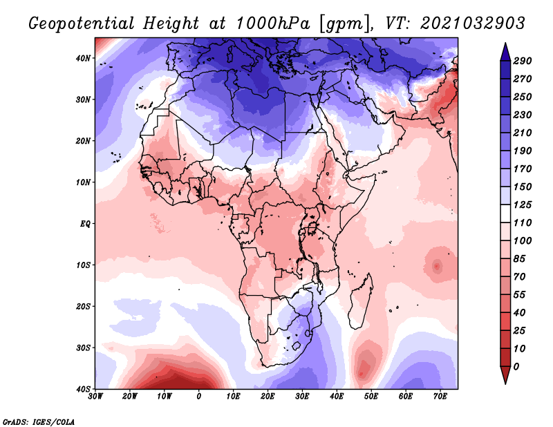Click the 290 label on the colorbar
[523, 61]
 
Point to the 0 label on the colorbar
[517, 366]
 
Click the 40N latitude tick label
[83, 58]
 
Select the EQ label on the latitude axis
[85, 224]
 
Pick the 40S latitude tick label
[83, 388]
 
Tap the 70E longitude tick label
[439, 397]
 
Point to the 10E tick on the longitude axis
[233, 397]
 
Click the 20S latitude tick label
[83, 306]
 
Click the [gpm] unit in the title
[340, 23]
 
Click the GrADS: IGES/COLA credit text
[39, 421]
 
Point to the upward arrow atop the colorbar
[505, 50]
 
